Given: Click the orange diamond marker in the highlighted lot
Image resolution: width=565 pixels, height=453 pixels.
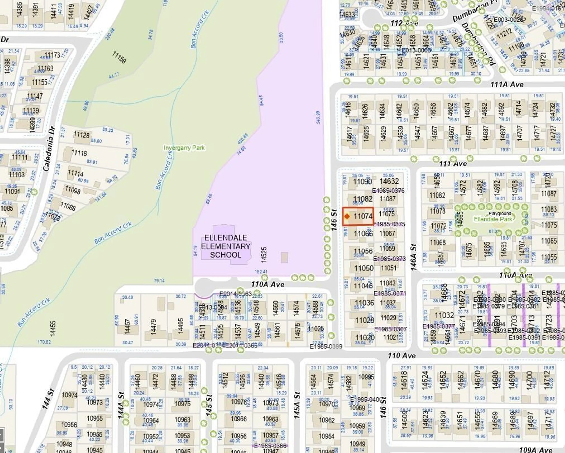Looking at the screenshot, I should pos(347,216).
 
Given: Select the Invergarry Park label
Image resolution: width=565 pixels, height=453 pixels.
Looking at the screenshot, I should pos(184,148).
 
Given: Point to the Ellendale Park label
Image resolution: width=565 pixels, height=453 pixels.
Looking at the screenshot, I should pos(493,219).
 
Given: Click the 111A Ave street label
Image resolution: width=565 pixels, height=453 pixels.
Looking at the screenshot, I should pos(507,84).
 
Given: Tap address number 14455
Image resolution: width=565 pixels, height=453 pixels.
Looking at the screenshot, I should pos(53,328).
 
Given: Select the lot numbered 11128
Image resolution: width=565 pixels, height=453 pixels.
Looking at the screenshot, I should pos(82,135).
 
